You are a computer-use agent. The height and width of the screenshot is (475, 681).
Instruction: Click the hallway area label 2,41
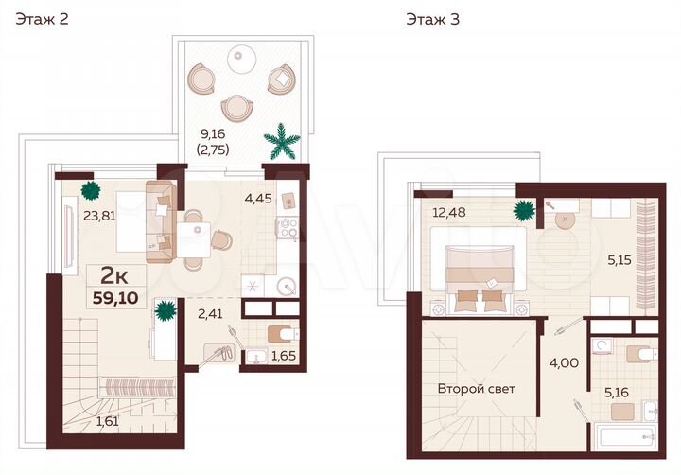(x=211, y=307)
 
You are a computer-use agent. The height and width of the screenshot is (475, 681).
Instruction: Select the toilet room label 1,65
(x=284, y=357)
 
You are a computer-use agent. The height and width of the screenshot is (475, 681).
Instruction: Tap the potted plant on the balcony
(x=283, y=143)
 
